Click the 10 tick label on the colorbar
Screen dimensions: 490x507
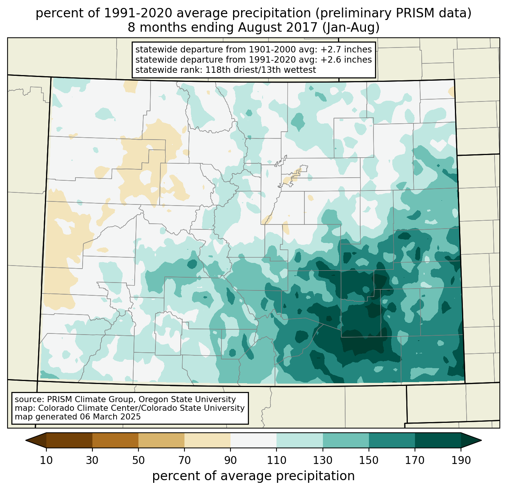pos(46,460)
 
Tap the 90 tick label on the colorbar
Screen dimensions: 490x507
pos(230,460)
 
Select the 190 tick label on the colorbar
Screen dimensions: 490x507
pos(461,460)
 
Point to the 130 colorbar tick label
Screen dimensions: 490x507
pos(323,460)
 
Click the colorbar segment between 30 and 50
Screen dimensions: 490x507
pos(115,440)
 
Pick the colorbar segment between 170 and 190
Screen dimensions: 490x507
pos(438,440)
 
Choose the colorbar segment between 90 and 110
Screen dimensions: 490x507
pos(253,440)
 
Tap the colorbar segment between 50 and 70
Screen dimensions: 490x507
pos(161,440)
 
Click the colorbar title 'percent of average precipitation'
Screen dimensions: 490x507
pos(253,476)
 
